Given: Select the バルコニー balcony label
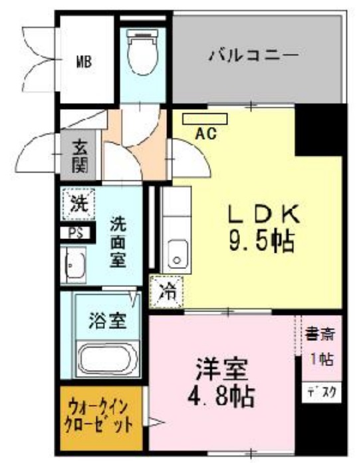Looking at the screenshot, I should [253, 55].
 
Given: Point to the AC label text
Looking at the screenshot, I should [205, 132].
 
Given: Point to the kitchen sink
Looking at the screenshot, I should [176, 254].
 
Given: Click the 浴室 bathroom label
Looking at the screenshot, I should [108, 322].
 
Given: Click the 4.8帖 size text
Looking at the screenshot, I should [221, 397].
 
